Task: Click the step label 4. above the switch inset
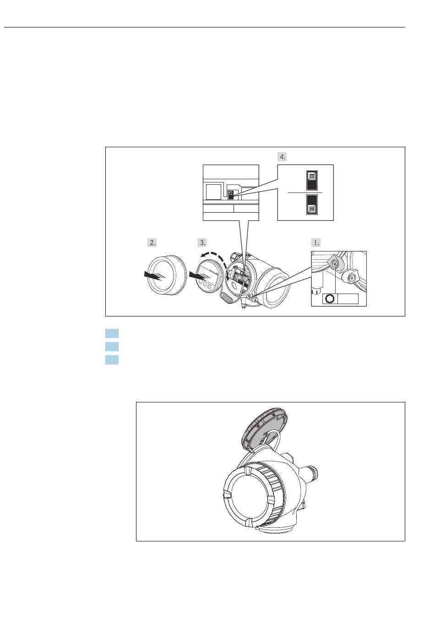pyautogui.click(x=282, y=157)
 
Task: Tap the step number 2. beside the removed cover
pyautogui.click(x=152, y=242)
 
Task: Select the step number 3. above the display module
pyautogui.click(x=202, y=242)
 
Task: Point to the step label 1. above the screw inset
pyautogui.click(x=316, y=242)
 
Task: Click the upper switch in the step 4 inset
pyautogui.click(x=311, y=181)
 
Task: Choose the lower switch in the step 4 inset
pyautogui.click(x=311, y=204)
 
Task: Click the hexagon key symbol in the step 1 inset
pyautogui.click(x=330, y=299)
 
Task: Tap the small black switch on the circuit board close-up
pyautogui.click(x=231, y=194)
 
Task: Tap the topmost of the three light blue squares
pyautogui.click(x=112, y=333)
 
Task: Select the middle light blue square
pyautogui.click(x=112, y=346)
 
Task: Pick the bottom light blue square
pyautogui.click(x=112, y=359)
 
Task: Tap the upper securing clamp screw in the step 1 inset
pyautogui.click(x=335, y=262)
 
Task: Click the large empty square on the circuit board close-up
pyautogui.click(x=213, y=192)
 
